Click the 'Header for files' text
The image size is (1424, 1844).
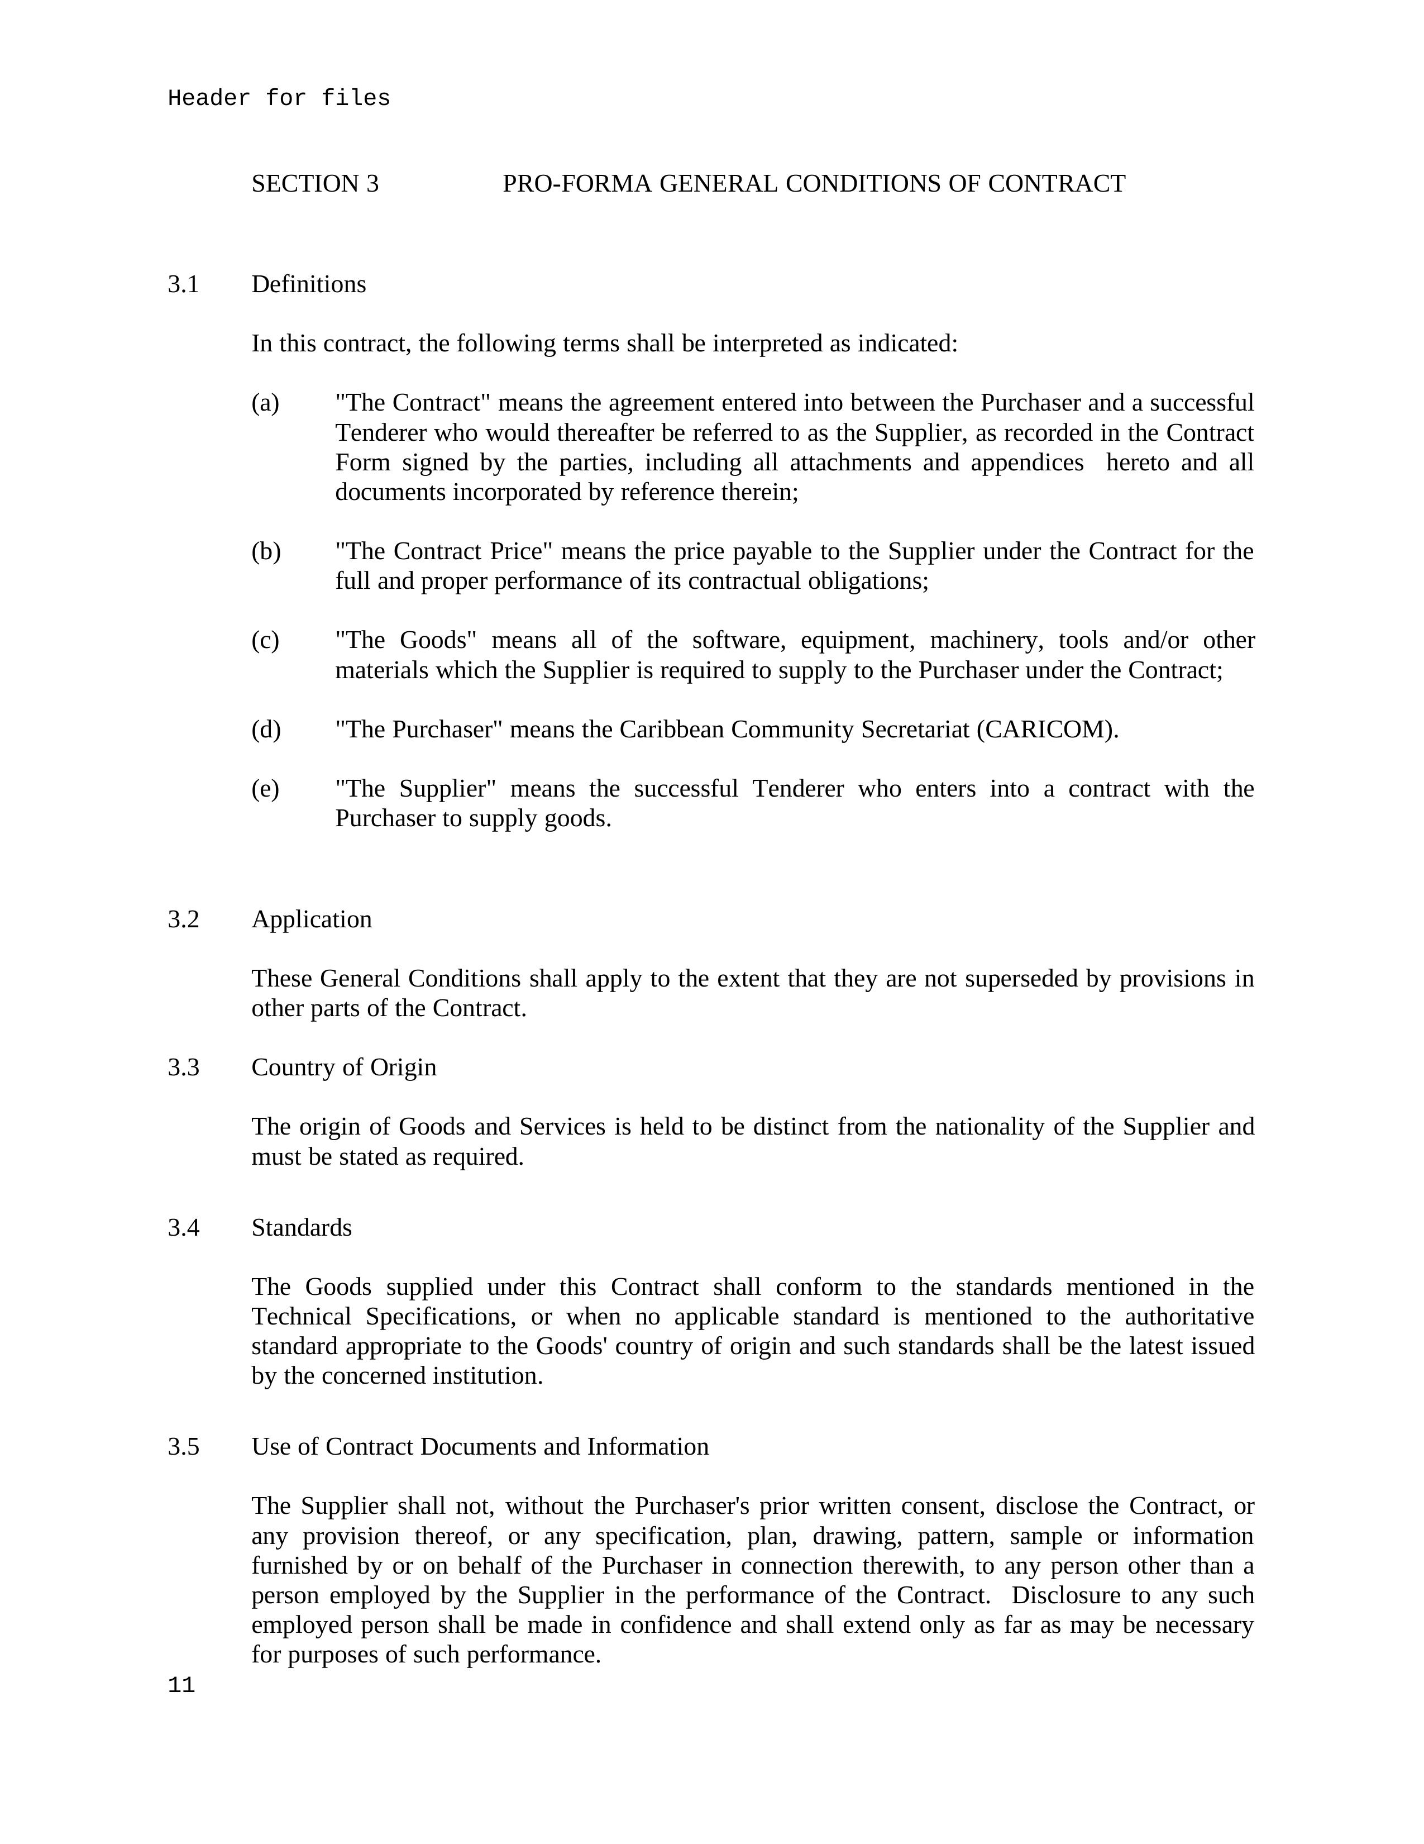point(279,99)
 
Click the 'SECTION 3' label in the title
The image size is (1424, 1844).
point(315,184)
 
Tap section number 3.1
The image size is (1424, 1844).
point(183,284)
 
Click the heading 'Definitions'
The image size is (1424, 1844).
point(308,284)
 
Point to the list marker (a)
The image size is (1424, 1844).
point(265,403)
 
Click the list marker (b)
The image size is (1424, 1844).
point(266,551)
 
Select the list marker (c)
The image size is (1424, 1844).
point(265,641)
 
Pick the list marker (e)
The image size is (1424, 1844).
point(265,789)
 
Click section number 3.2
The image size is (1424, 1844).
point(183,919)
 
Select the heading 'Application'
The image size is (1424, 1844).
point(312,919)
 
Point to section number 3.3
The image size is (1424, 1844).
point(183,1067)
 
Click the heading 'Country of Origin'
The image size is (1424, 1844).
point(343,1067)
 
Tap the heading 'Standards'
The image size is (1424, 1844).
point(302,1228)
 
